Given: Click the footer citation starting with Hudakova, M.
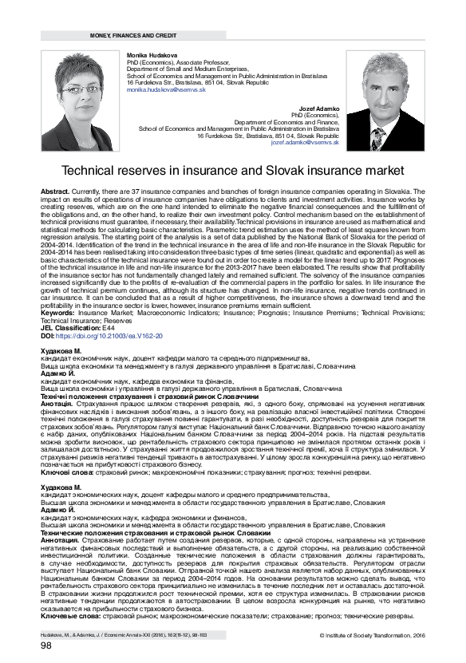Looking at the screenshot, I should [x=124, y=636].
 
